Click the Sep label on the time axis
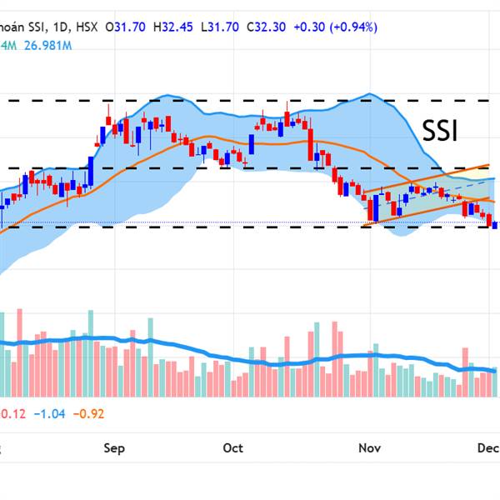(114, 448)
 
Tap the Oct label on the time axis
(233, 448)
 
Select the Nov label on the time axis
(370, 448)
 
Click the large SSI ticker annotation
(440, 132)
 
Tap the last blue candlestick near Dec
(497, 223)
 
